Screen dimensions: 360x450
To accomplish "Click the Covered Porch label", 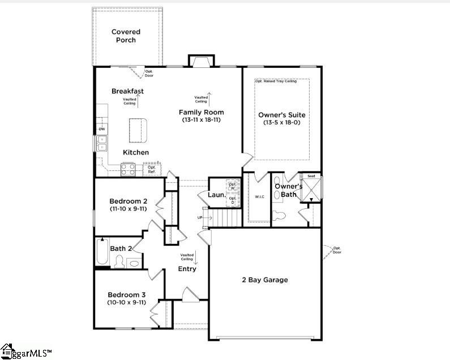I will (x=126, y=36).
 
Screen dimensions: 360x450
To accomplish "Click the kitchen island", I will (x=138, y=130).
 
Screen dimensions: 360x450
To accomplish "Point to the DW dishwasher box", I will (x=102, y=130).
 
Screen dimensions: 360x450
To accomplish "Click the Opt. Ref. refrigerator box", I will (x=152, y=169).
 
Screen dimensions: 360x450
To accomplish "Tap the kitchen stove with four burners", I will (x=128, y=168).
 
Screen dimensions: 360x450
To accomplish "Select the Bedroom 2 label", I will (x=128, y=201).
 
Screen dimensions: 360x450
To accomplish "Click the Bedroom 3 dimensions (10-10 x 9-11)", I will (x=127, y=302).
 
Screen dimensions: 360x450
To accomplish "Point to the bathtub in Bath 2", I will (x=102, y=252).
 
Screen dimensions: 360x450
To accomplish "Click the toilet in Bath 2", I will (x=119, y=262).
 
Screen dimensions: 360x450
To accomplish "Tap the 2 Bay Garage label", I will (x=265, y=280).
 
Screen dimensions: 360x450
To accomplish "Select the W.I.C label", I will (x=259, y=197).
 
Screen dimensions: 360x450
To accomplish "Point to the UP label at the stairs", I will (x=199, y=218).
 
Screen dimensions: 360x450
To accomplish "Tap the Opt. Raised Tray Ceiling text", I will (x=276, y=82).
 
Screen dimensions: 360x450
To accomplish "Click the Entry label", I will (x=187, y=269).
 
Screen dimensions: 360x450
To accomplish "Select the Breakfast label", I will (x=127, y=91).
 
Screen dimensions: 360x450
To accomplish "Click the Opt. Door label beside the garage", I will (x=337, y=250).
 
